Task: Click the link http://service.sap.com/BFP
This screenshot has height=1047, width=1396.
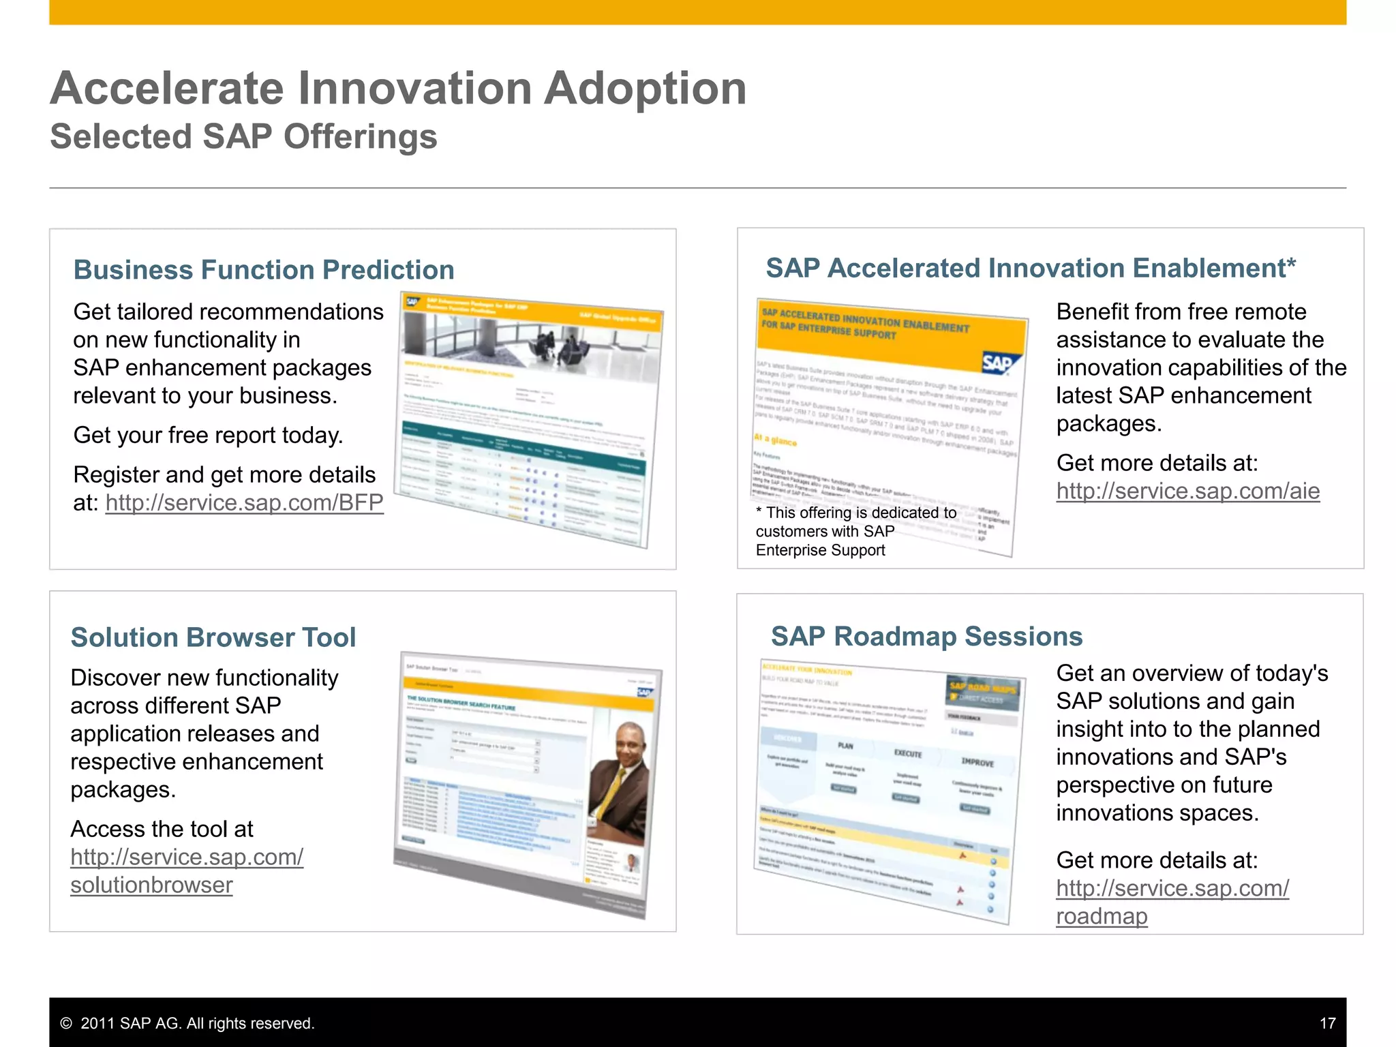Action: [244, 503]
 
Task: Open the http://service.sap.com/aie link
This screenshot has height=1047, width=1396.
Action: [1187, 491]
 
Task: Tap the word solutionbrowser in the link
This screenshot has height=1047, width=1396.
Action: [151, 885]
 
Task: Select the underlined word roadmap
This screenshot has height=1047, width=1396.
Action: [1102, 916]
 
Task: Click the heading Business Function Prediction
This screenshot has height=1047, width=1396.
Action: [264, 270]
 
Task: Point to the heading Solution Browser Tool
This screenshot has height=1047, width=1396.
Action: [213, 637]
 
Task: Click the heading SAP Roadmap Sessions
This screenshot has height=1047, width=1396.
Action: [926, 636]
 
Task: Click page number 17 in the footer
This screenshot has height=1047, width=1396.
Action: [1327, 1023]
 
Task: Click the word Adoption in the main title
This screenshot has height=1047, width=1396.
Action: [645, 89]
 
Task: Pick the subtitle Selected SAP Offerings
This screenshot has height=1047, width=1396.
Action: [243, 136]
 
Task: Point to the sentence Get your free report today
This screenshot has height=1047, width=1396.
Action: [208, 435]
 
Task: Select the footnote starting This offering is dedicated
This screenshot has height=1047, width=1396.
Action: [855, 531]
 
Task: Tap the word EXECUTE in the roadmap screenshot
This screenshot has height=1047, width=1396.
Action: [907, 753]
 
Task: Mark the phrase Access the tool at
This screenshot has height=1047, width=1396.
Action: [162, 829]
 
